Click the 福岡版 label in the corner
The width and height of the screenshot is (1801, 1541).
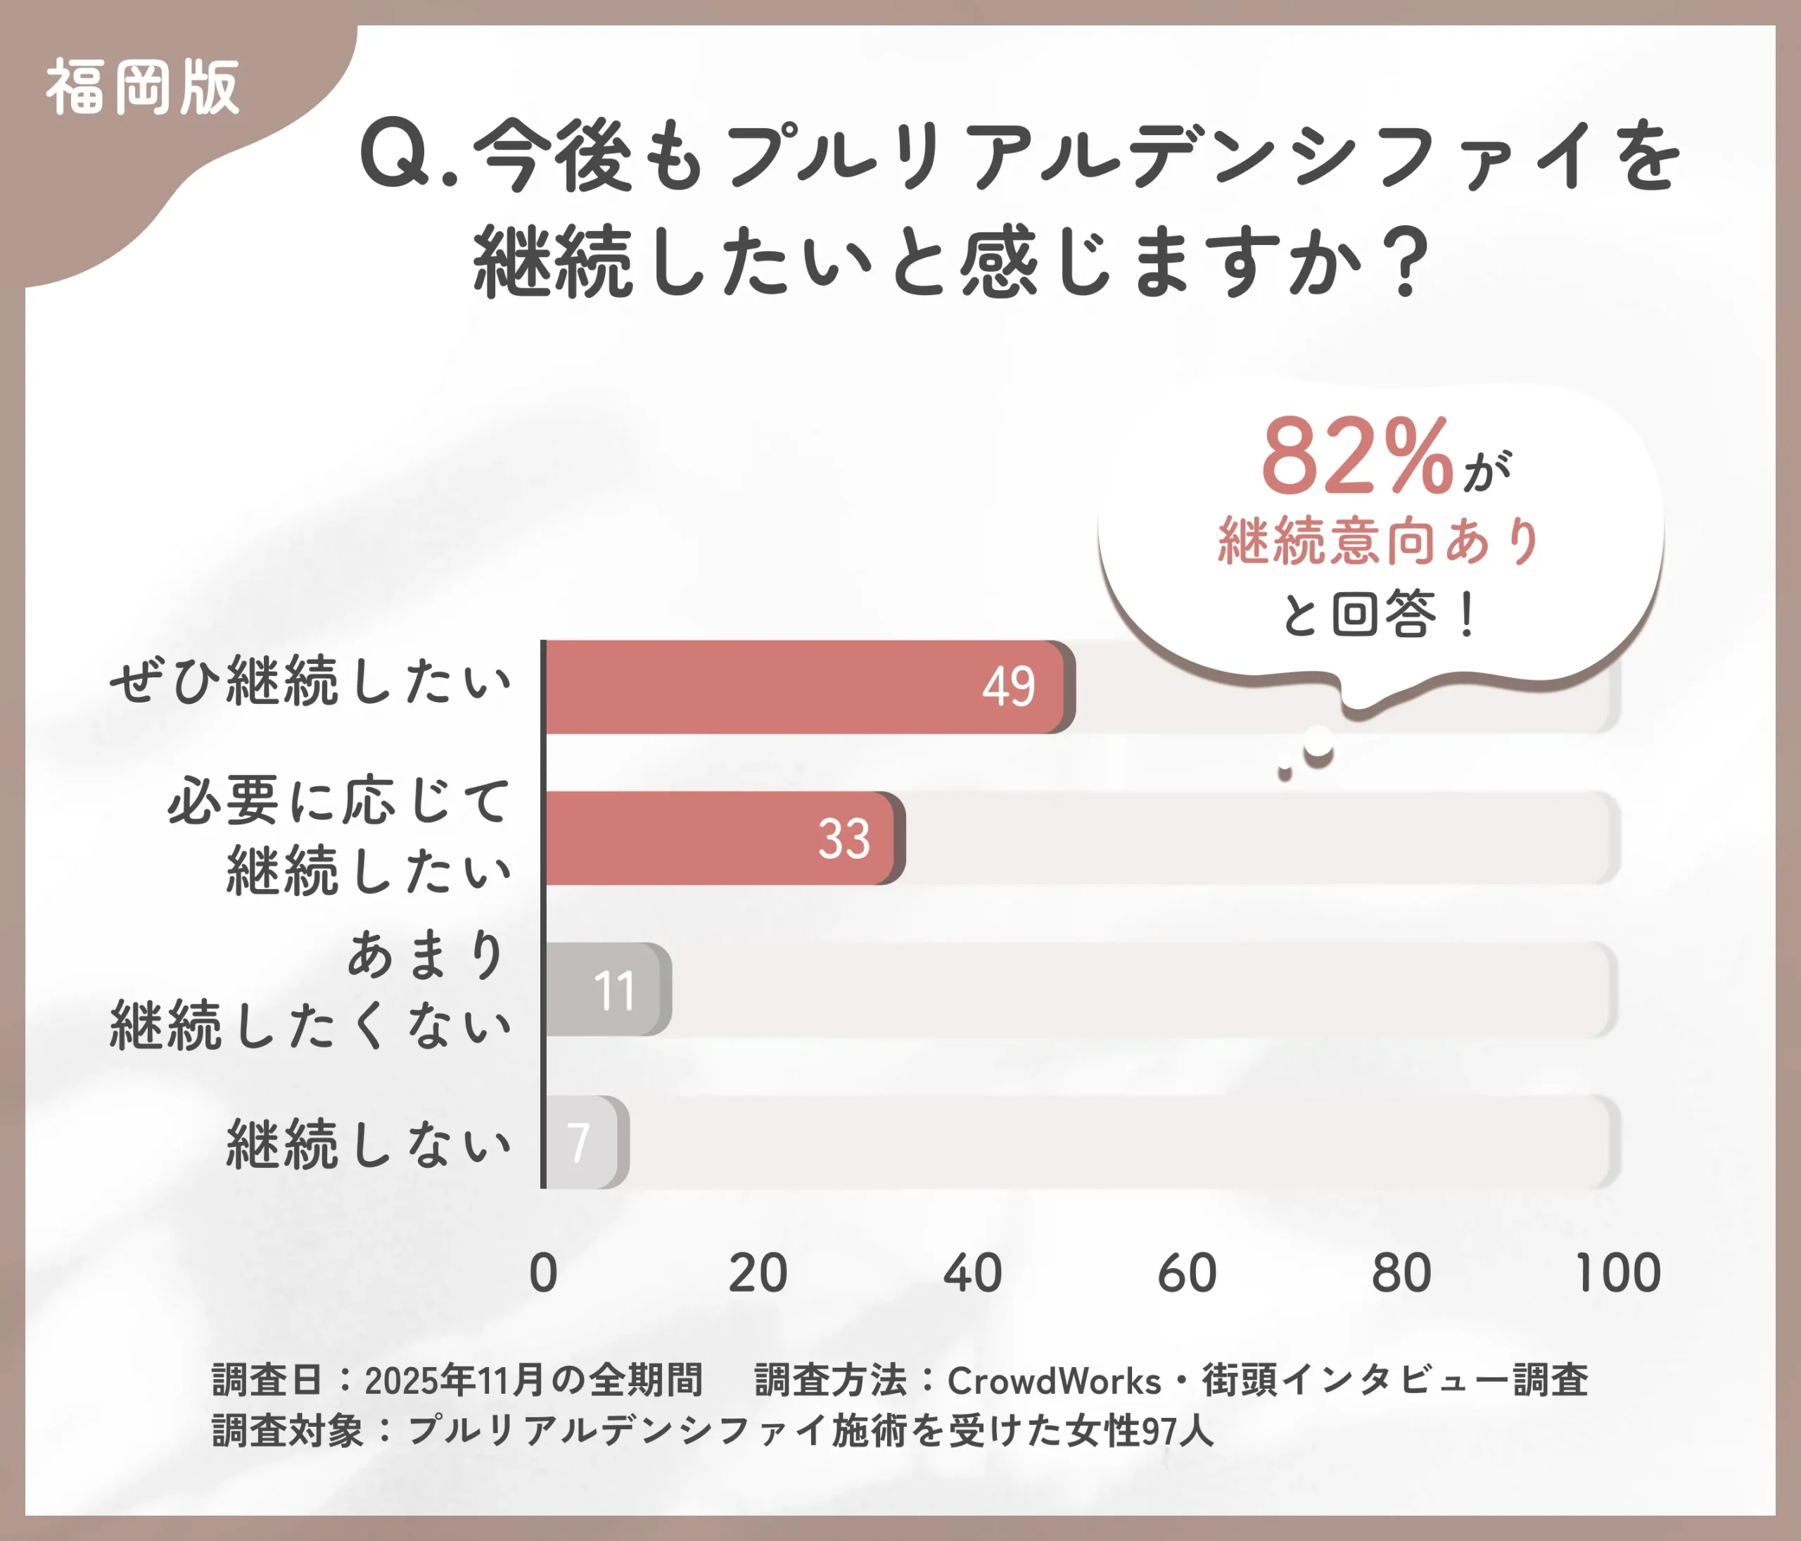pos(143,87)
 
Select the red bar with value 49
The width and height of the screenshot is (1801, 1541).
pos(804,687)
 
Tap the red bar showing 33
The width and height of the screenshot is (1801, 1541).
pos(721,838)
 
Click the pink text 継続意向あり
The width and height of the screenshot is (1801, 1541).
pos(1379,541)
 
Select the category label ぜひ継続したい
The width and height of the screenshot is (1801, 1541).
pos(310,681)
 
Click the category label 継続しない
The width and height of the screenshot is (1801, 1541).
pos(369,1143)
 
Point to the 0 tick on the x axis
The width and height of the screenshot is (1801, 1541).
pos(543,1273)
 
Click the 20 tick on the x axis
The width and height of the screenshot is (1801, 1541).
pos(757,1273)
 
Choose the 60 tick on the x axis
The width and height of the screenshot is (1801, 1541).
pos(1186,1273)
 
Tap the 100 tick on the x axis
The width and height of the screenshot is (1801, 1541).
pos(1617,1273)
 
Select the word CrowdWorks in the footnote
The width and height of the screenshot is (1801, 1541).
pos(1053,1380)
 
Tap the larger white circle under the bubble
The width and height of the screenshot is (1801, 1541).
pos(1318,744)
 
